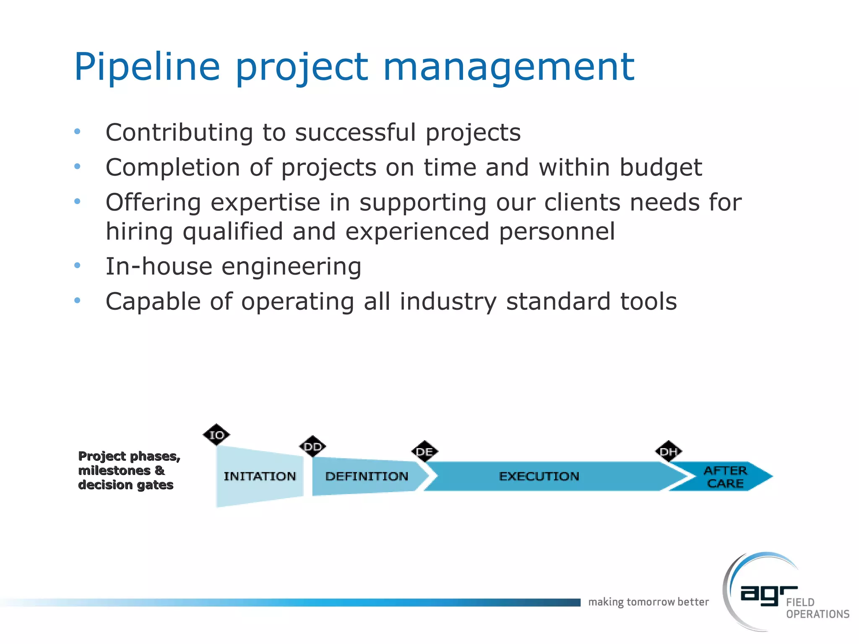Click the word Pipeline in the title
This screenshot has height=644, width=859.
(147, 67)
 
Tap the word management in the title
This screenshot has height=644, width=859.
(508, 67)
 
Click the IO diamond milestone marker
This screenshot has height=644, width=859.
(216, 435)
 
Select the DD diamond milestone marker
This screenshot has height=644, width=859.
(312, 447)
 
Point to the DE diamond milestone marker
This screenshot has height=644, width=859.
(424, 452)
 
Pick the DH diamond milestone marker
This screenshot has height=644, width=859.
(668, 452)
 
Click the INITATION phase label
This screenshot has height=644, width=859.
(260, 476)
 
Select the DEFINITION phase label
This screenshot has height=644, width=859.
(367, 476)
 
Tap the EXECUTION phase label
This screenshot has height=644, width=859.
(539, 476)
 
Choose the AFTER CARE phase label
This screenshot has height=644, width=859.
(725, 477)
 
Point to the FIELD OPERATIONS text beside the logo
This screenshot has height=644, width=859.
(817, 608)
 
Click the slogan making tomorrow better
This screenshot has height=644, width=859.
(648, 602)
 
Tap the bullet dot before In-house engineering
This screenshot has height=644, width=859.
(77, 265)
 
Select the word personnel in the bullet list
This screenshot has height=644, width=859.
(557, 231)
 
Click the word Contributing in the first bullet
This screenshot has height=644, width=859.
(179, 132)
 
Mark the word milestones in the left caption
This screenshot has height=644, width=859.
(115, 470)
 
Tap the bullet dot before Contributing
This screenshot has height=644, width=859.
(77, 132)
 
